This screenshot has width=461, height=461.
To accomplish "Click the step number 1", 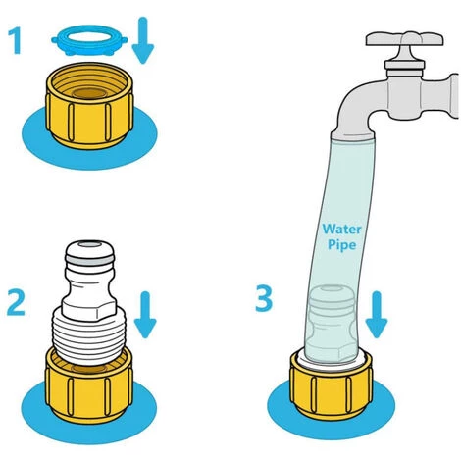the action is (x=15, y=41).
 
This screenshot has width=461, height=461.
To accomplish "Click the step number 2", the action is (x=16, y=304).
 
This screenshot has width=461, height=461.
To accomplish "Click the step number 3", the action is (x=264, y=299).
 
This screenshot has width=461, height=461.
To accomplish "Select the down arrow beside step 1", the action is (x=143, y=40).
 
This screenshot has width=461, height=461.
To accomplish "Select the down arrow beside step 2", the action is (x=145, y=315).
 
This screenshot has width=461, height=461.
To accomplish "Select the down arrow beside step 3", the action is (x=377, y=314).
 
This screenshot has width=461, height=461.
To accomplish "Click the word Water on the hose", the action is (x=341, y=229).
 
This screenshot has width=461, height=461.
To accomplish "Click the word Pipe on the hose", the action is (x=341, y=245).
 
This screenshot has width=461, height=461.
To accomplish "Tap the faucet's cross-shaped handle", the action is (x=404, y=39).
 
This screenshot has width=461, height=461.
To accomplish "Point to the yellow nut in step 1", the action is (x=89, y=105).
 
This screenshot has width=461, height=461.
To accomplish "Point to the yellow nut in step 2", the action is (x=89, y=385).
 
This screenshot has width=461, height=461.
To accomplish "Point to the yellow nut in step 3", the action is (x=331, y=385).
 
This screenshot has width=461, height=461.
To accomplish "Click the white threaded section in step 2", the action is (x=89, y=336).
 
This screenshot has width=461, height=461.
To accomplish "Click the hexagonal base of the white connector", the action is (x=89, y=308).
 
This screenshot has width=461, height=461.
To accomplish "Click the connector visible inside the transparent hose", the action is (x=332, y=324).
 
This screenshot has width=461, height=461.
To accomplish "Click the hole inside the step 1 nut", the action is (x=89, y=93).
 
